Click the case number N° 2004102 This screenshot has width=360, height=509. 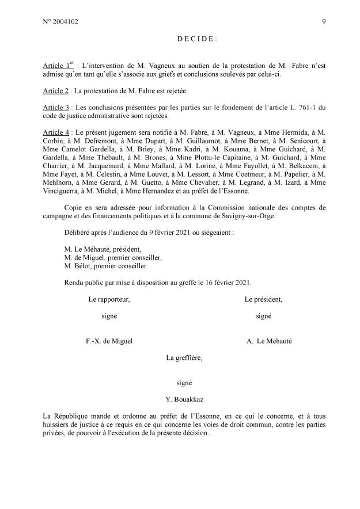click(x=60, y=22)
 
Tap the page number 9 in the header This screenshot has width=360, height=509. click(x=324, y=22)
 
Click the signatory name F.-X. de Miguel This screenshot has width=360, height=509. click(x=109, y=341)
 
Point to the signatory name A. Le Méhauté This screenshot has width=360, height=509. click(x=269, y=341)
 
